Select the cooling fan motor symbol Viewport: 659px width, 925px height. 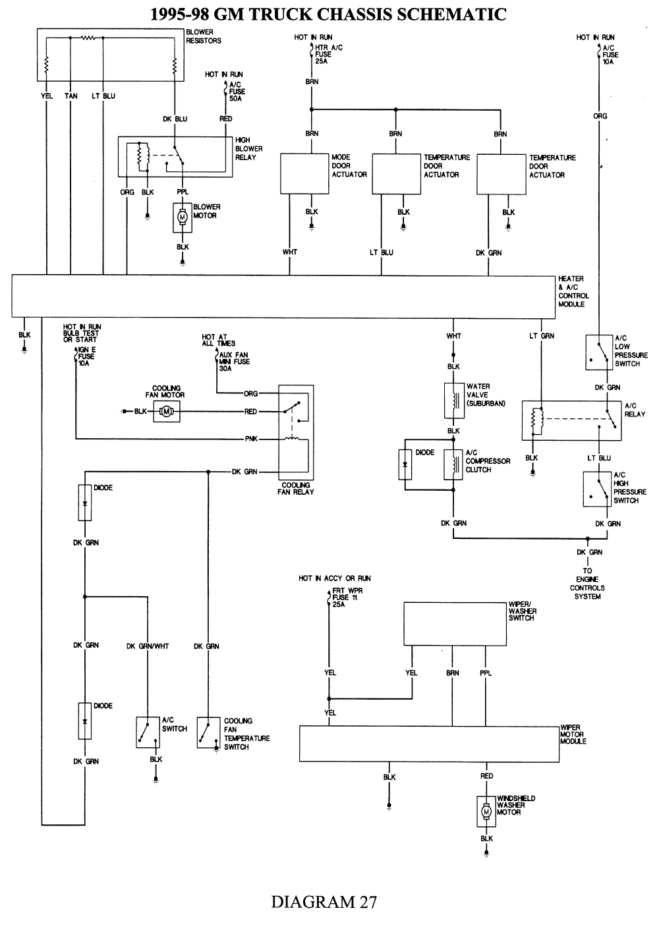(166, 412)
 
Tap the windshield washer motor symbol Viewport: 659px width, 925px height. (486, 812)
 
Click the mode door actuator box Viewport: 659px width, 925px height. (305, 174)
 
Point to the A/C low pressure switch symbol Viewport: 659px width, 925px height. (598, 353)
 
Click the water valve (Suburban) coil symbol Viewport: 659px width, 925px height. (453, 401)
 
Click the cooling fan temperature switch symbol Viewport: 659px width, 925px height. (208, 733)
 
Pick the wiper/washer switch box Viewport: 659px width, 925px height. (454, 624)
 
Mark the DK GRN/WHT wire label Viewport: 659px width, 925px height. (148, 646)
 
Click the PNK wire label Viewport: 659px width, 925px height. (251, 439)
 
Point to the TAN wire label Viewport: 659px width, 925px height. (71, 96)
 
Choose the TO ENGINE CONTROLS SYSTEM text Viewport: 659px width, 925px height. (587, 584)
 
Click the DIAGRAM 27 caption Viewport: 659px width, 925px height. (324, 902)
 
